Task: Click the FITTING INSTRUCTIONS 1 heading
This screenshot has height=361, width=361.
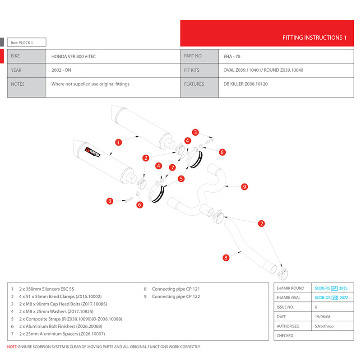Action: (314, 37)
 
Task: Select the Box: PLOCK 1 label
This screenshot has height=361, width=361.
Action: (22, 43)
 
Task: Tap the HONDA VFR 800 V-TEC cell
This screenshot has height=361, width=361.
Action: (75, 56)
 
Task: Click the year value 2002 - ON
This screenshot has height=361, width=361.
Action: (61, 70)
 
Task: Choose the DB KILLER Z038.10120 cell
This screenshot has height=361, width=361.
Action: (245, 84)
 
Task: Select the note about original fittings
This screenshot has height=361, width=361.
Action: (90, 84)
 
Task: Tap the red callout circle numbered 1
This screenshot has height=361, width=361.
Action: (119, 142)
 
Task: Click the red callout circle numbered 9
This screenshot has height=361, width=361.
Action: (244, 186)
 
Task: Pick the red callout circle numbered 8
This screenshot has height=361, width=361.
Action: (226, 258)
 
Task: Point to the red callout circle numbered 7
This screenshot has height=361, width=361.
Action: (172, 167)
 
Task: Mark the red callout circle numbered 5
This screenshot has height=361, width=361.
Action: (181, 178)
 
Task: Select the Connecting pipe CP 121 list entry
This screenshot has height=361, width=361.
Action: (176, 289)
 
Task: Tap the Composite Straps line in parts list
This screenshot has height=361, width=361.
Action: (70, 319)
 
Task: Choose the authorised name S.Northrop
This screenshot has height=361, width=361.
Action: (324, 326)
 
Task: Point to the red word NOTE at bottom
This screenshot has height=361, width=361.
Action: (12, 347)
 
